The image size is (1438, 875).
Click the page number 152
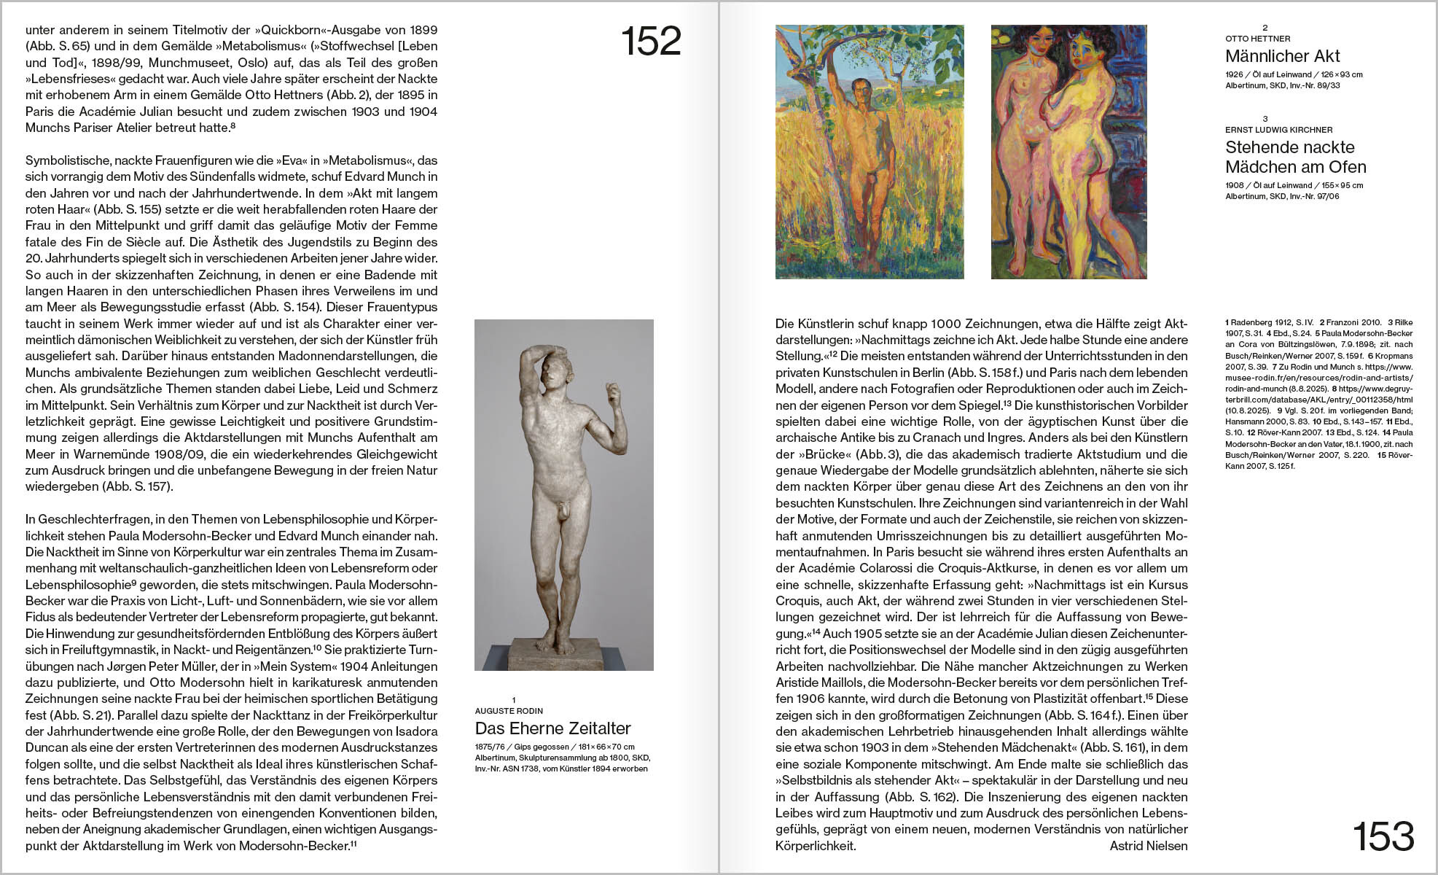[651, 42]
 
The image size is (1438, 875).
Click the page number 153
[1383, 836]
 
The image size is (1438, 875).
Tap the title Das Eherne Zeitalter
[552, 728]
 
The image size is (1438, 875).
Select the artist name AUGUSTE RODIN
[509, 711]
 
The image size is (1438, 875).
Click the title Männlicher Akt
[1282, 56]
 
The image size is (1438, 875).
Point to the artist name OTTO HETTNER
[1257, 39]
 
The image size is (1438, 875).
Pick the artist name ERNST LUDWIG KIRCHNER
[1278, 130]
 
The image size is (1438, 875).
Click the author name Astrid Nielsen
[1148, 846]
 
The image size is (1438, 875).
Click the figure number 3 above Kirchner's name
[1265, 119]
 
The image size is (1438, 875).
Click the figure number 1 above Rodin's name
[514, 700]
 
